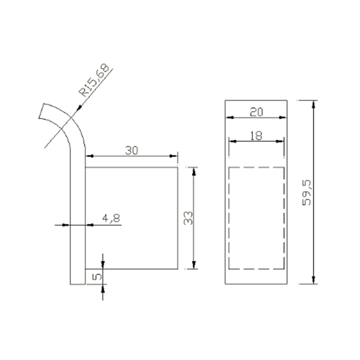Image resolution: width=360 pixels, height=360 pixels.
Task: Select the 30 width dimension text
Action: [x=131, y=150]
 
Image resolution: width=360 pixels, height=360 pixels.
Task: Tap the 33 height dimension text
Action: [x=188, y=218]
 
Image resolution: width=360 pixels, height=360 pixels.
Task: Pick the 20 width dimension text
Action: [x=256, y=112]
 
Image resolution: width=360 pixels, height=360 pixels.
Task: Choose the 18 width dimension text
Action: [x=256, y=136]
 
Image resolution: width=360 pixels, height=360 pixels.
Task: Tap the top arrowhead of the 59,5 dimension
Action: [x=314, y=104]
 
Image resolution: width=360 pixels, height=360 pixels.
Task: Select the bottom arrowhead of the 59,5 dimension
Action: [x=314, y=280]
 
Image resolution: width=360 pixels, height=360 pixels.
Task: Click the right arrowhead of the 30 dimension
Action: [x=175, y=156]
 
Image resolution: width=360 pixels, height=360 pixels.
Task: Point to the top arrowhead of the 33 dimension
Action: [x=194, y=171]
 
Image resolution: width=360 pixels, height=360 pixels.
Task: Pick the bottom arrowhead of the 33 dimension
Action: [x=194, y=265]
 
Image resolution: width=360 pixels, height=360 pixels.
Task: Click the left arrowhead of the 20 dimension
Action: [x=229, y=117]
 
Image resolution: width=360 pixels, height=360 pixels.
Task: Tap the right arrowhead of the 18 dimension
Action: [x=282, y=141]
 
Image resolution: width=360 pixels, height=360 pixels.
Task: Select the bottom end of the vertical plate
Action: [x=78, y=284]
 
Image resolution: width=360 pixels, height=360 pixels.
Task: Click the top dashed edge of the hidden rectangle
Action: [x=257, y=167]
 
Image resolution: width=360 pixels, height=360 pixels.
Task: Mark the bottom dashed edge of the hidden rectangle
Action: [x=257, y=269]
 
